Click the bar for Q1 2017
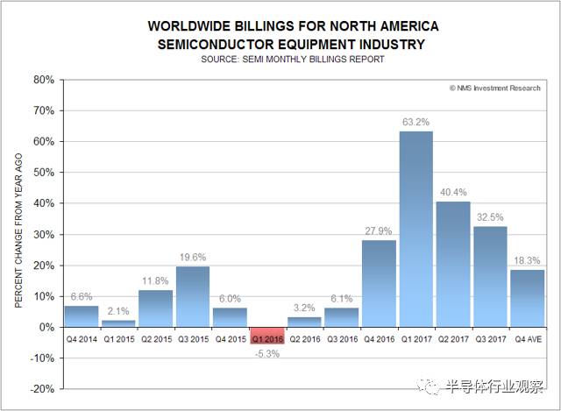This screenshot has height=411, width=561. (415, 229)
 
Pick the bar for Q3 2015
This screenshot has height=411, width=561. (193, 296)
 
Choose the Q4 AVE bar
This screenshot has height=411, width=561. (526, 298)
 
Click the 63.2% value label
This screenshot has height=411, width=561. (415, 122)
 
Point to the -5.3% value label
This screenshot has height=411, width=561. (267, 353)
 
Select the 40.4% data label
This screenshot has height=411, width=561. (452, 192)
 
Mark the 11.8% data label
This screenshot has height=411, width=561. (156, 280)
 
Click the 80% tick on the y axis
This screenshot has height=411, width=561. (44, 80)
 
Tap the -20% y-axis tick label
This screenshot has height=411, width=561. (41, 389)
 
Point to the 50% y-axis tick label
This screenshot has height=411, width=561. (44, 173)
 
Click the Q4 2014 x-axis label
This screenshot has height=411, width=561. (82, 337)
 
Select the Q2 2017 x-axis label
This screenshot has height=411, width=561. (452, 337)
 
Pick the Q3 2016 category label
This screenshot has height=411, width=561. (341, 337)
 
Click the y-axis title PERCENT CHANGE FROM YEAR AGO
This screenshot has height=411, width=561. (19, 234)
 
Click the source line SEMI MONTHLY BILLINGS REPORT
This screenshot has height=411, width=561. (294, 60)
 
